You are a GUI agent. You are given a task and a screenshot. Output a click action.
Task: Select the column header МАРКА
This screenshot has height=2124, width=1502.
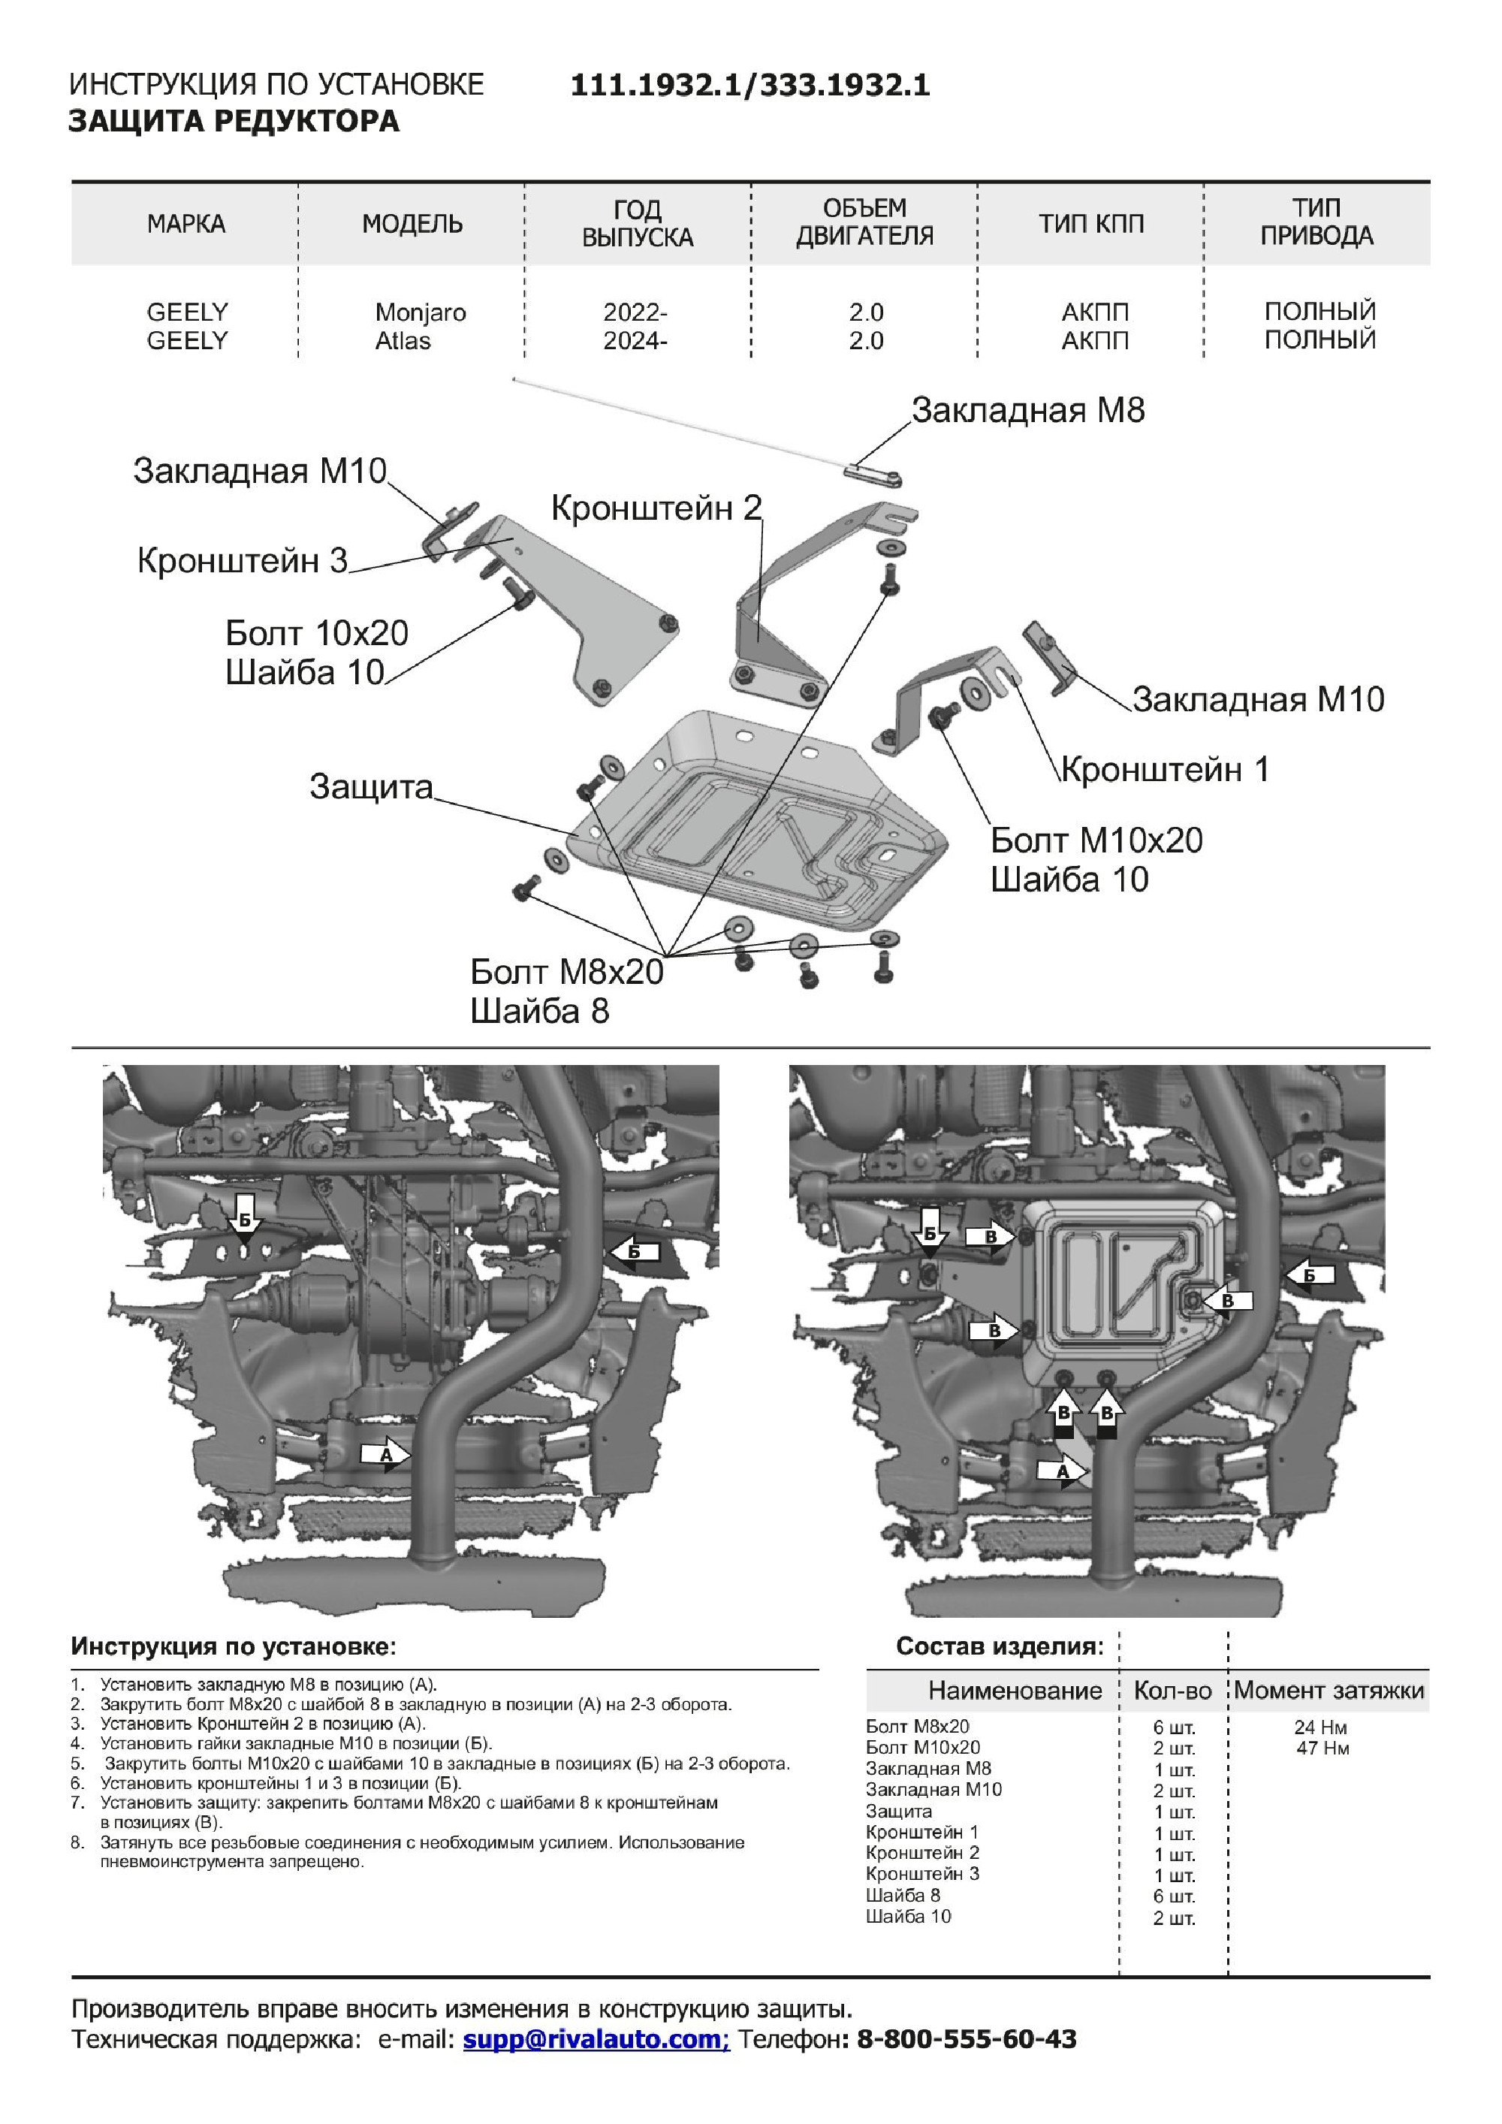click(x=186, y=224)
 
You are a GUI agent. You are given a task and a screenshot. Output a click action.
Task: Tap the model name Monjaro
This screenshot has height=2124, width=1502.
click(x=420, y=312)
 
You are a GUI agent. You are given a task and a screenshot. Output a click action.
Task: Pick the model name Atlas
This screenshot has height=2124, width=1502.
click(x=403, y=341)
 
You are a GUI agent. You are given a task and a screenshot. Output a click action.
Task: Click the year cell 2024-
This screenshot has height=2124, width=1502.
click(x=635, y=341)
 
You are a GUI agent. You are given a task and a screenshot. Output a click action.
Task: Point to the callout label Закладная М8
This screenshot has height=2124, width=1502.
click(x=1027, y=410)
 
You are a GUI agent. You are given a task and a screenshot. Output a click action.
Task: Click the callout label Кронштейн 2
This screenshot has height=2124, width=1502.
click(x=656, y=508)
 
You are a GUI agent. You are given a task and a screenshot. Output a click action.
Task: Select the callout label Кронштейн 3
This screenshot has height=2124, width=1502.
click(x=243, y=560)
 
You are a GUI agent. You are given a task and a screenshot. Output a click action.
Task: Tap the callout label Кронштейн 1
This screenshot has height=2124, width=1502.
click(x=1164, y=770)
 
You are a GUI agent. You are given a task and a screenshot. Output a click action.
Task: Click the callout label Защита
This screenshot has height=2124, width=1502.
click(x=371, y=787)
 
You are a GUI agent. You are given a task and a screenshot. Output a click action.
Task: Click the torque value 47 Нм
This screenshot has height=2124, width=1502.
click(x=1323, y=1748)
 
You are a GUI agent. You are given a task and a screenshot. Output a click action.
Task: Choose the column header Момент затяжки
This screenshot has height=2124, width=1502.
click(x=1329, y=1691)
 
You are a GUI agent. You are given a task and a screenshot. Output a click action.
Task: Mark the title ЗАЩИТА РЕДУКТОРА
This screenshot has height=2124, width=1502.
click(x=234, y=121)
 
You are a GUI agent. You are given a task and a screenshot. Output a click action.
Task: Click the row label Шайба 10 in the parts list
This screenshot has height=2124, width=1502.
click(x=908, y=1917)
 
